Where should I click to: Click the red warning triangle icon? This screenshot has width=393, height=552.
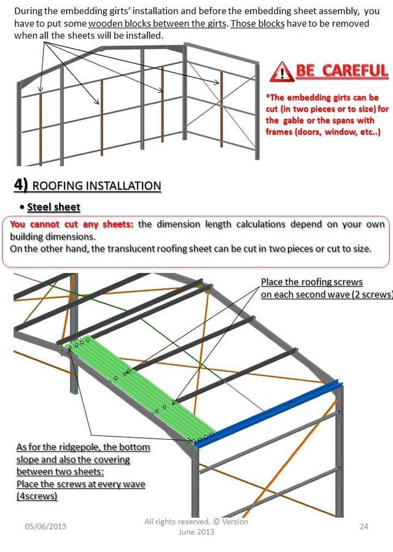[282, 72]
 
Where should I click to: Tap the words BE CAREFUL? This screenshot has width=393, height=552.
[342, 71]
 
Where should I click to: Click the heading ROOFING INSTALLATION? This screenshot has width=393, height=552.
[96, 185]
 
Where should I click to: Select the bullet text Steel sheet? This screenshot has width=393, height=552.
[53, 207]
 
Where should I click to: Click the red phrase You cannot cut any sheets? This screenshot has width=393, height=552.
[72, 224]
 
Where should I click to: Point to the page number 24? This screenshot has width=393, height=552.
[364, 526]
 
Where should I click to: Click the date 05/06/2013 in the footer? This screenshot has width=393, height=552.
[45, 527]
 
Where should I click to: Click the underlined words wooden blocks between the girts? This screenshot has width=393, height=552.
[157, 23]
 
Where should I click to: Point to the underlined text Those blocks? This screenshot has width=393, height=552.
[257, 23]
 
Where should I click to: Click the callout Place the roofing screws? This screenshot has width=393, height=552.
[311, 282]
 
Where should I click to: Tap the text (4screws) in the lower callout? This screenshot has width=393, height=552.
[37, 496]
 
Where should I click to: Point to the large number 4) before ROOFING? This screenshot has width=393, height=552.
[21, 185]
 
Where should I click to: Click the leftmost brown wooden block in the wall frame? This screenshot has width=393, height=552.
[40, 129]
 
